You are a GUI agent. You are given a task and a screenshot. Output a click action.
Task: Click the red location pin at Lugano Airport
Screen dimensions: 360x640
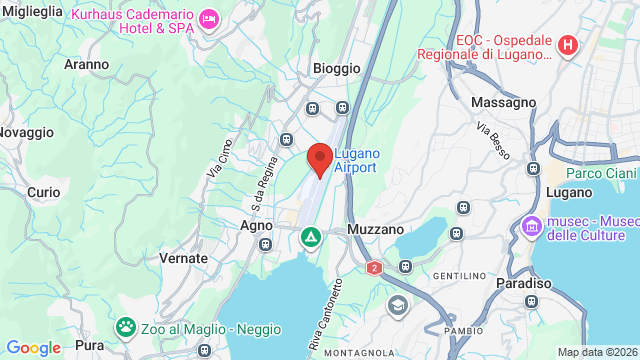pyautogui.click(x=320, y=159)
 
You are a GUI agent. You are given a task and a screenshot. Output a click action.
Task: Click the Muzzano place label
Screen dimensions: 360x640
pyautogui.click(x=375, y=229)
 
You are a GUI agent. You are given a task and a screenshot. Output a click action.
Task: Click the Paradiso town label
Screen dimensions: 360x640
pyautogui.click(x=523, y=284)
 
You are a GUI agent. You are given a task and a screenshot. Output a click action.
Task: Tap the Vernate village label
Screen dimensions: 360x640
pyautogui.click(x=183, y=258)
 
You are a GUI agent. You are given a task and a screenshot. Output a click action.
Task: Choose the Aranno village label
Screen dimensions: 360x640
pyautogui.click(x=86, y=64)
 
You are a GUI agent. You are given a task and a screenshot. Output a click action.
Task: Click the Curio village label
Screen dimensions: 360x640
pyautogui.click(x=44, y=192)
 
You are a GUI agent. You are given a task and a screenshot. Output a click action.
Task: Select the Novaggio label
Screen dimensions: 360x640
pyautogui.click(x=26, y=132)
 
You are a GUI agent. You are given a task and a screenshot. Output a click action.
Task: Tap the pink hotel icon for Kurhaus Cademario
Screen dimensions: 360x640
pyautogui.click(x=209, y=19)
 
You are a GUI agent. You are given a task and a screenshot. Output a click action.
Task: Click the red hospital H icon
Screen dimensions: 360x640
pyautogui.click(x=568, y=45)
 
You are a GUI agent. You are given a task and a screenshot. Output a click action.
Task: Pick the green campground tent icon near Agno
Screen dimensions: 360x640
pyautogui.click(x=311, y=238)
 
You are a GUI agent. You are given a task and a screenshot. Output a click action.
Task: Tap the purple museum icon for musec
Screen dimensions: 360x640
pyautogui.click(x=531, y=228)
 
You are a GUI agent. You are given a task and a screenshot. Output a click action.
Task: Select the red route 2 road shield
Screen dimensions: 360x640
pyautogui.click(x=374, y=268)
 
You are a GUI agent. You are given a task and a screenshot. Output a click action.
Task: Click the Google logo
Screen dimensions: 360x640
pyautogui.click(x=33, y=348)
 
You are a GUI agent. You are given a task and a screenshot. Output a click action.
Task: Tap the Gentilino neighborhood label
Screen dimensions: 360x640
pyautogui.click(x=459, y=275)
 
